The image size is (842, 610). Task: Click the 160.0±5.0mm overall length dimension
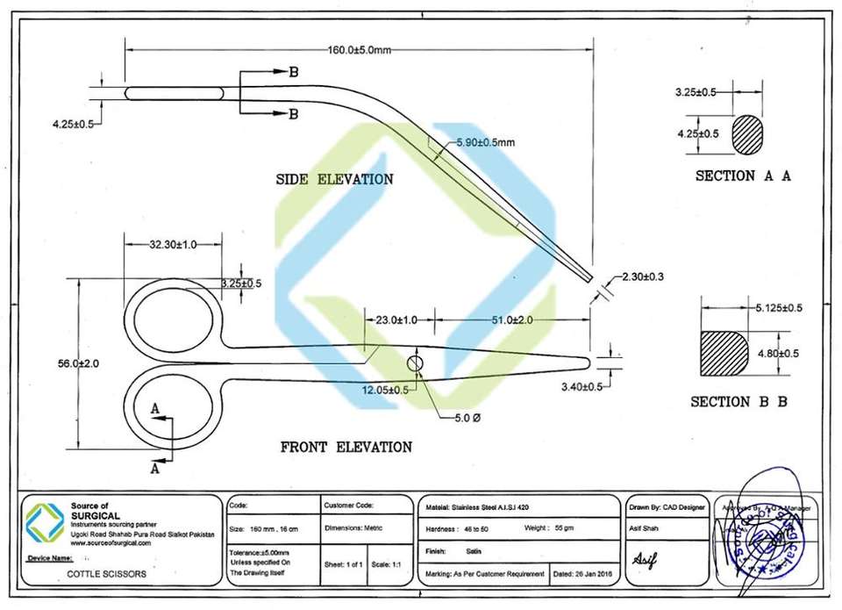click(x=359, y=50)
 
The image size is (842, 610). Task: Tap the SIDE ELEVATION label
click(x=334, y=179)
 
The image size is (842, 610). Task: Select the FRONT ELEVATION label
click(x=346, y=448)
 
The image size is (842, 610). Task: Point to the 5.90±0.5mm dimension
click(x=485, y=142)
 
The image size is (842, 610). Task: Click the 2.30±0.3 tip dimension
click(x=642, y=277)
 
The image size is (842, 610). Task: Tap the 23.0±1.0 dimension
click(x=396, y=320)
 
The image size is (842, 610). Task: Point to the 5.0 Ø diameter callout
click(x=464, y=420)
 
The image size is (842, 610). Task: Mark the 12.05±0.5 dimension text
click(x=385, y=390)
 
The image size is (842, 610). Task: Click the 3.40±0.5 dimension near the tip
click(x=582, y=386)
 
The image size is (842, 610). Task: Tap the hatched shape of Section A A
click(x=748, y=134)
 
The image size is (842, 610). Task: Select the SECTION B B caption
click(x=739, y=402)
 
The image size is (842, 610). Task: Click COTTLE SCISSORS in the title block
click(x=102, y=575)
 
